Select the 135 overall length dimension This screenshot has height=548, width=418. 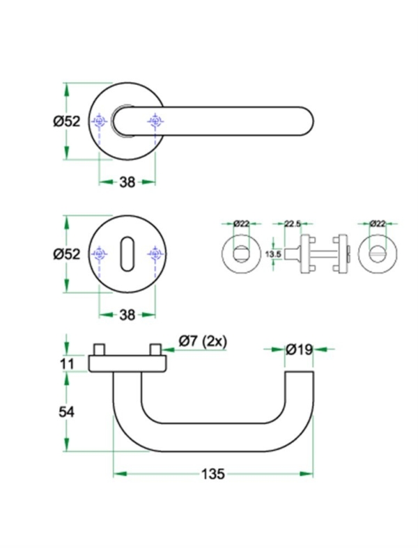pos(212,474)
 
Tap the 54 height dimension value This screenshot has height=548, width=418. pos(67,411)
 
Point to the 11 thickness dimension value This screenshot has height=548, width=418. pos(67,363)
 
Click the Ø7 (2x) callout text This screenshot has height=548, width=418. pos(203,341)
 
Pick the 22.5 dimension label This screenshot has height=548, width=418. pos(293,224)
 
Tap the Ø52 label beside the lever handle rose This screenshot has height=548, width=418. pos(67,121)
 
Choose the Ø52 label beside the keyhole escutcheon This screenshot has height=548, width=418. pos(67,255)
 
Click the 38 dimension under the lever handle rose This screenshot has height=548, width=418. pos(127,182)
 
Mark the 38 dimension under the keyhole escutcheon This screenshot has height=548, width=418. pos(126,315)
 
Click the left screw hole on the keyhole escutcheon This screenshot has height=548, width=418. pos(100,256)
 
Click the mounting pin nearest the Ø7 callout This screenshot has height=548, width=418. pos(156,348)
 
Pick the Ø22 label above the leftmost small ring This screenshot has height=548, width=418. pos(241,224)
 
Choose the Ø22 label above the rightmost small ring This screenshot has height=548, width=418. pos(377,224)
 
